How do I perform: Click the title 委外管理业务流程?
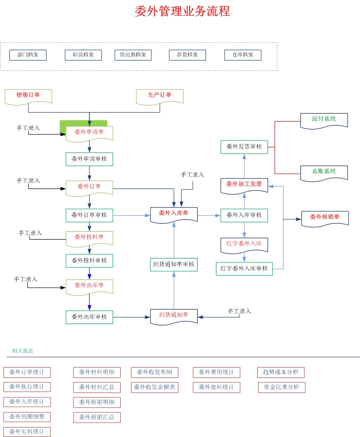[x=182, y=11]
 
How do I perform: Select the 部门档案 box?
[x=28, y=55]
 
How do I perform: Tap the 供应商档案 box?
[x=133, y=55]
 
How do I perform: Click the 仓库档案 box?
[x=243, y=55]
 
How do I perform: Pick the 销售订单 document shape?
[x=28, y=95]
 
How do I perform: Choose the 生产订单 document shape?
[x=160, y=95]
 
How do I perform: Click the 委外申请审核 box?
[x=89, y=159]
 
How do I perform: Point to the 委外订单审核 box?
[x=89, y=215]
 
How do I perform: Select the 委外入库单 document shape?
[x=174, y=214]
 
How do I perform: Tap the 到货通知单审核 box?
[x=174, y=265]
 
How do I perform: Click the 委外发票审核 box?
[x=244, y=147]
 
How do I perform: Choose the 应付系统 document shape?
[x=324, y=120]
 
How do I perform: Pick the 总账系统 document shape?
[x=324, y=172]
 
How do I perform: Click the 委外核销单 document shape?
[x=325, y=217]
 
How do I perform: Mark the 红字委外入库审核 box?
[x=244, y=269]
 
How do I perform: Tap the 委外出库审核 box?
[x=89, y=317]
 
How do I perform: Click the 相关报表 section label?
[x=23, y=351]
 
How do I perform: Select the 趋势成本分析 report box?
[x=281, y=373]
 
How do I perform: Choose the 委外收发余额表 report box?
[x=154, y=387]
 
